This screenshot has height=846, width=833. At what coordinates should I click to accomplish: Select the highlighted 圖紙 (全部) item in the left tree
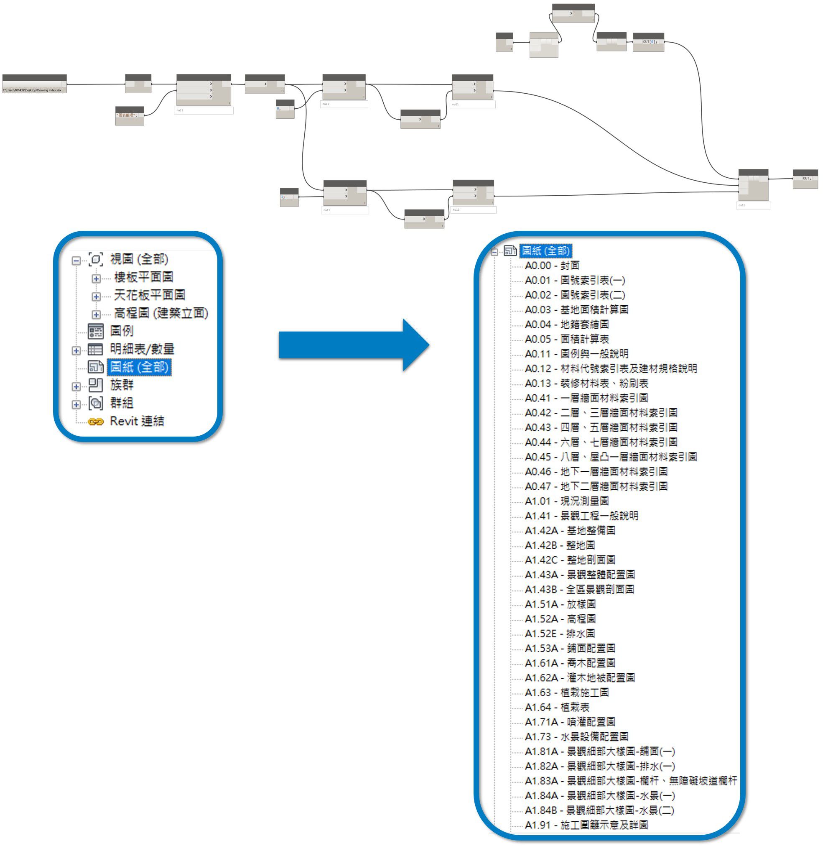pos(139,367)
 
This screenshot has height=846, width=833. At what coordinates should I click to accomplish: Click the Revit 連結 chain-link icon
pos(95,422)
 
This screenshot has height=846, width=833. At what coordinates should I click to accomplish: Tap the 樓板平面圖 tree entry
pos(143,277)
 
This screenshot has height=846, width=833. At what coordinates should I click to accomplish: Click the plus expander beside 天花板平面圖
pos(96,296)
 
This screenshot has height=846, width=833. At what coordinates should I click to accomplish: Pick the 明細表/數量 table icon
pos(95,349)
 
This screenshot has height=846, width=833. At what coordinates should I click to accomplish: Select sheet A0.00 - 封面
pos(552,265)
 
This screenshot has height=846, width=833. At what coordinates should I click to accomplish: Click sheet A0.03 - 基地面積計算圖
pos(576,309)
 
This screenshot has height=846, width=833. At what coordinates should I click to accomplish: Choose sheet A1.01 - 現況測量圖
pos(567,501)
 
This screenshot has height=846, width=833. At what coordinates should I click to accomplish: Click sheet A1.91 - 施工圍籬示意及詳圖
pos(586,825)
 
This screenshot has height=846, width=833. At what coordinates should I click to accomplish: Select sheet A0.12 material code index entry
pos(610,368)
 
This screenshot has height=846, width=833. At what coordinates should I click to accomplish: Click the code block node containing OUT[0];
pos(648,42)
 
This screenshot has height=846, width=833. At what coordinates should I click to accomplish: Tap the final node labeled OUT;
pos(805,179)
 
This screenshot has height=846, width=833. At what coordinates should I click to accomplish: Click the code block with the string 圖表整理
pos(130,115)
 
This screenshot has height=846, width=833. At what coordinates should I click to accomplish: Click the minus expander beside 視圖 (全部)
pos(76,261)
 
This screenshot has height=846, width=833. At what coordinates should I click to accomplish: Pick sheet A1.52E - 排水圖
pos(560,633)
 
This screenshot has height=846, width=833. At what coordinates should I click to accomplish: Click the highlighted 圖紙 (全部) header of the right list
pos(545,251)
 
